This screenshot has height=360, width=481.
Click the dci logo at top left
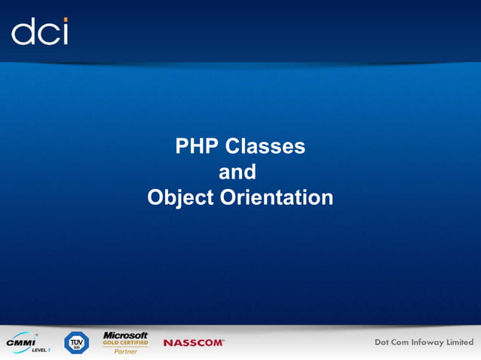(x=40, y=31)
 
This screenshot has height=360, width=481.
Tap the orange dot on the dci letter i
(x=65, y=20)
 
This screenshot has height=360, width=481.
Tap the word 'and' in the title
(x=237, y=172)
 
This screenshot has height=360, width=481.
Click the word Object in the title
(x=180, y=198)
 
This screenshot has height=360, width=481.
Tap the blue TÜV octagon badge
(x=76, y=343)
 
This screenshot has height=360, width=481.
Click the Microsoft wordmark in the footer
(x=125, y=334)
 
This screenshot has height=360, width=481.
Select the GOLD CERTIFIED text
(x=125, y=343)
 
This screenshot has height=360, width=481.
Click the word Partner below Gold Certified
(x=124, y=351)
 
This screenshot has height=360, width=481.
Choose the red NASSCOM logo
(x=194, y=343)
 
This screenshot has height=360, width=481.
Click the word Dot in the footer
(x=385, y=343)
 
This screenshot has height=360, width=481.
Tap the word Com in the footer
(x=408, y=343)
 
